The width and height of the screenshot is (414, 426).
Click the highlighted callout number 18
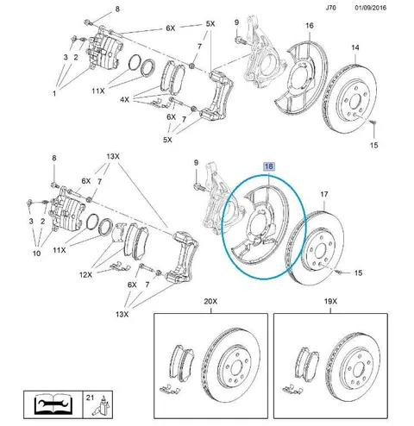pos(269,166)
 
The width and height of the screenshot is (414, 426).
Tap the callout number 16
pos(310,26)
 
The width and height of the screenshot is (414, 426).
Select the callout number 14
pos(355,47)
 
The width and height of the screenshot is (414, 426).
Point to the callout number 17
pos(324,194)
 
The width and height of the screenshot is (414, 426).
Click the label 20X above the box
pos(210,301)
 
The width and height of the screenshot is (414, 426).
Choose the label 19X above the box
pos(330,301)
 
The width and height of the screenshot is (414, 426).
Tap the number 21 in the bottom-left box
pos(90,398)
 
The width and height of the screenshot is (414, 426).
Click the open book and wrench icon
pos(53,404)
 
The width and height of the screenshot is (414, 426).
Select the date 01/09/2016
pos(371,8)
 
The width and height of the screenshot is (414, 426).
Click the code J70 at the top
pos(330,8)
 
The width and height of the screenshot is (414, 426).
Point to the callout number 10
pos(36,254)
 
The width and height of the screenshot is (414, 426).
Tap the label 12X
pos(86,275)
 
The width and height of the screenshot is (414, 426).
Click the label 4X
pos(124,100)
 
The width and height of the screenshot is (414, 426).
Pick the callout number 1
pos(54,93)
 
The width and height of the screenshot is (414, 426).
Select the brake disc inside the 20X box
pos(230,365)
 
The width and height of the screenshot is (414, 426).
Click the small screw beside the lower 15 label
pos(340,272)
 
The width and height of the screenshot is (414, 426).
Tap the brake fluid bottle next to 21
pos(103,405)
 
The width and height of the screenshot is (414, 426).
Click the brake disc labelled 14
pos(349,99)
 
